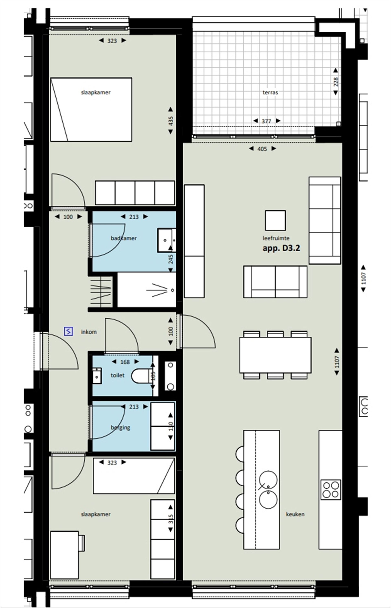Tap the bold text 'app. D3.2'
(281, 248)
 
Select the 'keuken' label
(295, 514)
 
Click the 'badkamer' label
(124, 238)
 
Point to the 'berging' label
(120, 427)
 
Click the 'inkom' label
(89, 332)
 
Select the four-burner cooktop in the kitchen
(331, 490)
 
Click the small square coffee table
(275, 220)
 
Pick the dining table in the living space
(275, 355)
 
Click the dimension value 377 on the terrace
(266, 121)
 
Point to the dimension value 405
(262, 149)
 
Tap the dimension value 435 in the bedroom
(171, 121)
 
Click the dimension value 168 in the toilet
(125, 362)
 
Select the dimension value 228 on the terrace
(336, 82)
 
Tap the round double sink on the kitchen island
(268, 490)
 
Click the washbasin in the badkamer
(166, 240)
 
